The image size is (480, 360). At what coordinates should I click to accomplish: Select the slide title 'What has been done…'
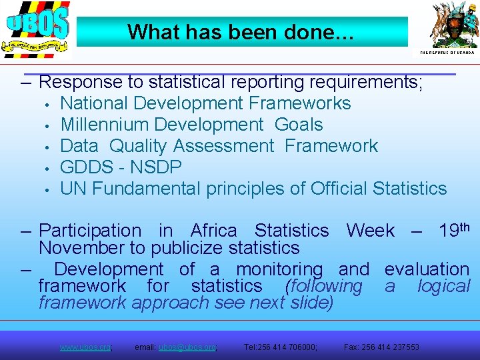pyautogui.click(x=242, y=31)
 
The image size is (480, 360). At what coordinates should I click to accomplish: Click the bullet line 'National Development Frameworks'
pyautogui.click(x=205, y=103)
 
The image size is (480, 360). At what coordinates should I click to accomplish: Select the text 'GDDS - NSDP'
pyautogui.click(x=121, y=167)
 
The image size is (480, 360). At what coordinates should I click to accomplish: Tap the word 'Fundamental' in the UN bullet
pyautogui.click(x=146, y=189)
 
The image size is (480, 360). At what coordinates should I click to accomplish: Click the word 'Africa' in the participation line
pyautogui.click(x=213, y=231)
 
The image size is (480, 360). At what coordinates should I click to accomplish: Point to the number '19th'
pyautogui.click(x=455, y=230)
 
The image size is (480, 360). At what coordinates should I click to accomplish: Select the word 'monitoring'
pyautogui.click(x=279, y=269)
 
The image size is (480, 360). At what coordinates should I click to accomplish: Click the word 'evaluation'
pyautogui.click(x=427, y=269)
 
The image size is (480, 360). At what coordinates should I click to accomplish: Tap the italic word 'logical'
pyautogui.click(x=443, y=286)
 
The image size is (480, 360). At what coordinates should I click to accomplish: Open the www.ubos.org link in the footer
pyautogui.click(x=85, y=347)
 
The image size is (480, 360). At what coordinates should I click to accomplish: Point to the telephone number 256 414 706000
pyautogui.click(x=289, y=347)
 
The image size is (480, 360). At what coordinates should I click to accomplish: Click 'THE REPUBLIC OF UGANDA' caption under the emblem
pyautogui.click(x=447, y=52)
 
